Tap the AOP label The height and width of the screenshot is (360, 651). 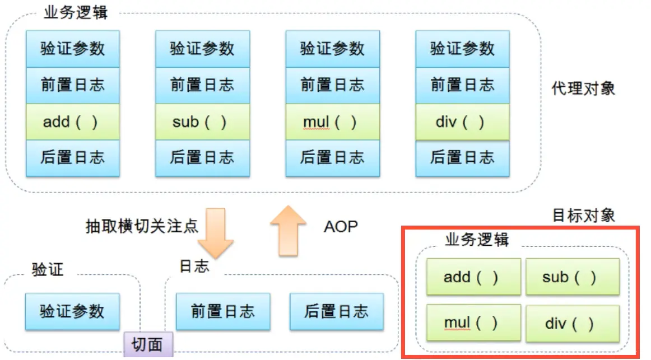pyautogui.click(x=341, y=226)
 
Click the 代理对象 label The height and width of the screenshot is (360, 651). pyautogui.click(x=584, y=88)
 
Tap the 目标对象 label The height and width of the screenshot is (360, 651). pyautogui.click(x=584, y=215)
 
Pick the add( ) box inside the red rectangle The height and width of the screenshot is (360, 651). pyautogui.click(x=473, y=277)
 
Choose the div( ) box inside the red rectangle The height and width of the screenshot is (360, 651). pyautogui.click(x=572, y=323)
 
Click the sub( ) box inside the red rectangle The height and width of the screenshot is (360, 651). pyautogui.click(x=572, y=277)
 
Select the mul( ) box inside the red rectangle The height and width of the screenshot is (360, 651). pyautogui.click(x=473, y=323)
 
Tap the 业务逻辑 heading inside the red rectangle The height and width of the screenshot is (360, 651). pyautogui.click(x=477, y=240)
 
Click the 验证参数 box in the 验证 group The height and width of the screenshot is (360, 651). pyautogui.click(x=72, y=311)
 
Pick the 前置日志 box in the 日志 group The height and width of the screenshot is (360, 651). pyautogui.click(x=222, y=311)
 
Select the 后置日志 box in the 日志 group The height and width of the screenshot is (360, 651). pyautogui.click(x=336, y=311)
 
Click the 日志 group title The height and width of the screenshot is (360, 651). pyautogui.click(x=194, y=266)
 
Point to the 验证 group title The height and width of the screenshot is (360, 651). pyautogui.click(x=48, y=269)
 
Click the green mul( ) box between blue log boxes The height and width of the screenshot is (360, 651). pyautogui.click(x=332, y=121)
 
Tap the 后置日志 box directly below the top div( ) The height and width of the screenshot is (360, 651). pyautogui.click(x=462, y=158)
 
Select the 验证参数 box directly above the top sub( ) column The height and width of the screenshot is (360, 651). pyautogui.click(x=202, y=49)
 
